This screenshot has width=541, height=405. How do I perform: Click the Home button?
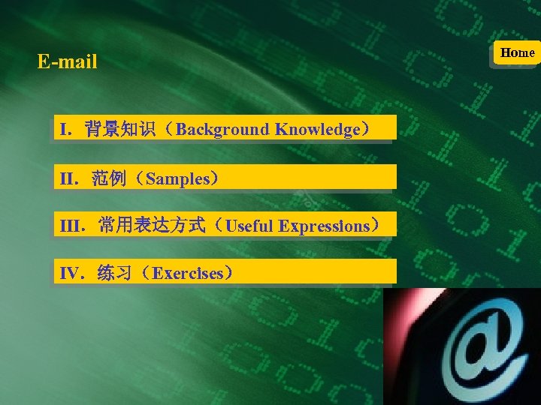point(517,52)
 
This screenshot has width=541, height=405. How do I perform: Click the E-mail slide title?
point(68,61)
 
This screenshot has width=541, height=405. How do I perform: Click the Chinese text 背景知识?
point(120,129)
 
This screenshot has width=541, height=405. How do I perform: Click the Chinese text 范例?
point(110,178)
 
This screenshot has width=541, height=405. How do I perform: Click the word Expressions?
point(324,226)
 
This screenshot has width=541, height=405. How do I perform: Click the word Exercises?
point(187,273)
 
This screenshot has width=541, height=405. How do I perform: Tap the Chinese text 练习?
point(115,273)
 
